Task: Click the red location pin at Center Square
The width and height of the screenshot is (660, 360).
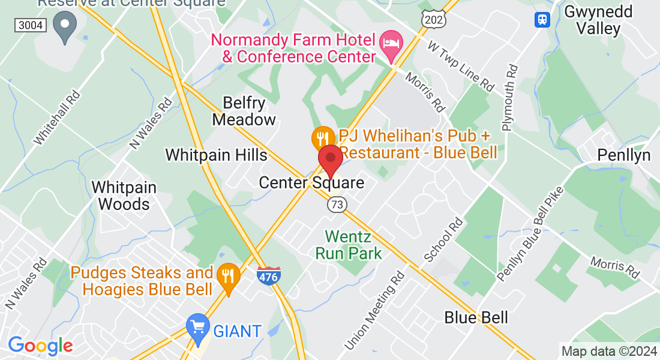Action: (x=330, y=159)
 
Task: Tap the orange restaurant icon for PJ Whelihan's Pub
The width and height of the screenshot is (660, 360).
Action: (x=323, y=139)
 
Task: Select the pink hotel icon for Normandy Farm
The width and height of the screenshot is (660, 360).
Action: (x=392, y=43)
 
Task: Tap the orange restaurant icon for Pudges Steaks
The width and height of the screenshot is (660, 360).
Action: (x=229, y=276)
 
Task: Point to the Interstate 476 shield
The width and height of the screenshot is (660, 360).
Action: (x=268, y=275)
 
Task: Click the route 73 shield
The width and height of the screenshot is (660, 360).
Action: (x=337, y=205)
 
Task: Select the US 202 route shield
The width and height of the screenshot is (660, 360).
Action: (x=433, y=20)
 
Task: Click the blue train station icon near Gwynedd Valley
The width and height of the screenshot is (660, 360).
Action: (x=542, y=19)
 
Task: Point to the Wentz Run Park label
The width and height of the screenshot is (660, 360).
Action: (x=353, y=245)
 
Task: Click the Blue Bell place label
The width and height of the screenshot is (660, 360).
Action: (x=476, y=317)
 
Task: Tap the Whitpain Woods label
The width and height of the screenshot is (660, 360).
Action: (x=124, y=196)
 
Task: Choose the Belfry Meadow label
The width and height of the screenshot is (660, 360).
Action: (x=244, y=111)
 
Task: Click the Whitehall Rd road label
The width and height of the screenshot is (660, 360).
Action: (x=57, y=118)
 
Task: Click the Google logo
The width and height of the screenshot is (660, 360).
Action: (x=40, y=346)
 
